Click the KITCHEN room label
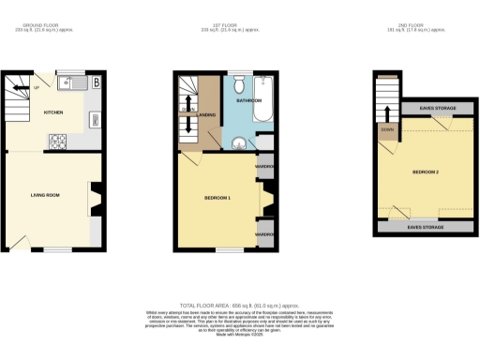point(54,112)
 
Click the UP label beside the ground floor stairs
point(36,87)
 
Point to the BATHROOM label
point(248,99)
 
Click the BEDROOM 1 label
point(217,198)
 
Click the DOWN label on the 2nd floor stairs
point(386,130)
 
